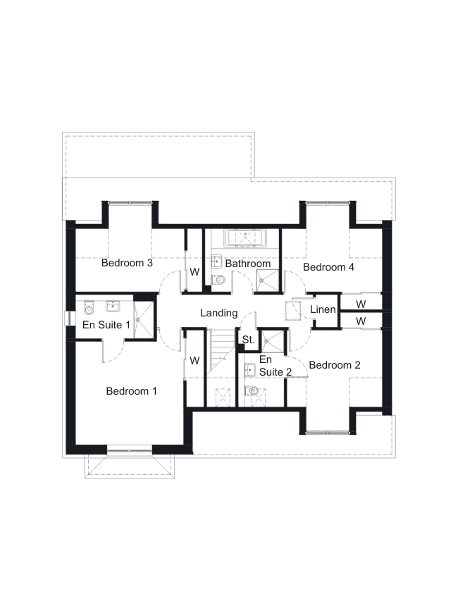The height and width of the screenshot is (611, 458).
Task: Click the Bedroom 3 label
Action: pyautogui.click(x=127, y=263)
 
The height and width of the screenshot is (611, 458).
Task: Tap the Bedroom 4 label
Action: pyautogui.click(x=328, y=267)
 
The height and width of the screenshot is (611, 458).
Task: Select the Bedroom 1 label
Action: pyautogui.click(x=132, y=391)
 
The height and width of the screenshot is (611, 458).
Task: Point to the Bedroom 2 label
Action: pyautogui.click(x=335, y=365)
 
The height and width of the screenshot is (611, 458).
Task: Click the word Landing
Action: pyautogui.click(x=219, y=313)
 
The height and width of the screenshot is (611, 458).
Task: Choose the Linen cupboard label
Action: pyautogui.click(x=323, y=309)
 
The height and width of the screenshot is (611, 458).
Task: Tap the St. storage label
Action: pyautogui.click(x=248, y=340)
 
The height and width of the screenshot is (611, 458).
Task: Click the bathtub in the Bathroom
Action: pyautogui.click(x=245, y=238)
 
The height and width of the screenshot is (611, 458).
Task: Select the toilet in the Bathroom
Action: pyautogui.click(x=218, y=279)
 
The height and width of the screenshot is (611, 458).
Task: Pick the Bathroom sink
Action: pyautogui.click(x=216, y=261)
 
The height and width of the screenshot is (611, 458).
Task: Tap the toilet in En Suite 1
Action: pyautogui.click(x=89, y=308)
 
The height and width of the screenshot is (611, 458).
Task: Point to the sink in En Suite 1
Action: pyautogui.click(x=113, y=307)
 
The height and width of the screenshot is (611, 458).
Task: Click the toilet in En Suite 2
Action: pyautogui.click(x=252, y=390)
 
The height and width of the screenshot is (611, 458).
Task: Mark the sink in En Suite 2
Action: pyautogui.click(x=249, y=370)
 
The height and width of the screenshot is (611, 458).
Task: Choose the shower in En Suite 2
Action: pyautogui.click(x=273, y=342)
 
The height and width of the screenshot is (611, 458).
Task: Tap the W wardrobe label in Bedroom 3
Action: pyautogui.click(x=194, y=272)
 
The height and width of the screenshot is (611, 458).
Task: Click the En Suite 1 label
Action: pyautogui.click(x=106, y=325)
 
